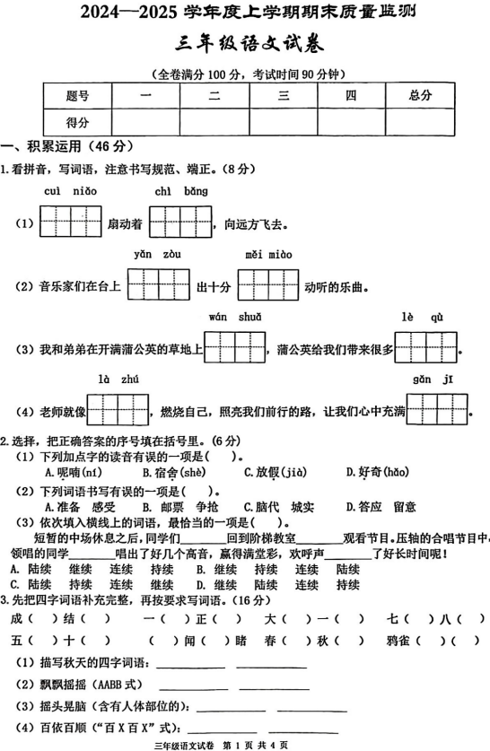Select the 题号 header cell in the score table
(77, 95)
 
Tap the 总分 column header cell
(420, 95)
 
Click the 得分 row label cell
(77, 122)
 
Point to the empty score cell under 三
(283, 122)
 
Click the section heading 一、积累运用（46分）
(67, 146)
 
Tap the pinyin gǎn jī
(435, 380)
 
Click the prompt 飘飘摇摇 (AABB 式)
(81, 686)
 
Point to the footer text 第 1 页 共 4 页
(255, 745)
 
